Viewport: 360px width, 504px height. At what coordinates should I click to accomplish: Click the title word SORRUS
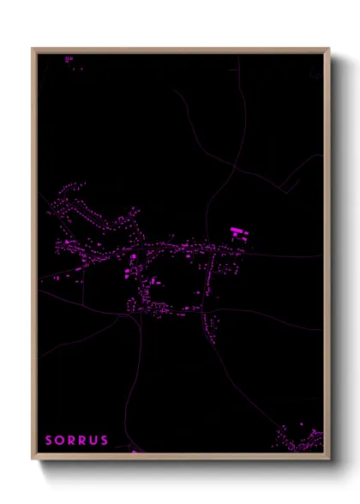(77, 441)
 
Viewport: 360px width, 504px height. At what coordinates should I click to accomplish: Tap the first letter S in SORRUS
(49, 441)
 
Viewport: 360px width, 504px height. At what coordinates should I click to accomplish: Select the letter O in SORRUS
(60, 441)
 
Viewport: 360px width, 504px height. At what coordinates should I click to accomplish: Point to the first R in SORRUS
(72, 441)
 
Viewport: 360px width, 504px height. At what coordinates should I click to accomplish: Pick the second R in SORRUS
(83, 441)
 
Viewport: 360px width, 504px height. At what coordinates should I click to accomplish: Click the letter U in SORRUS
(94, 441)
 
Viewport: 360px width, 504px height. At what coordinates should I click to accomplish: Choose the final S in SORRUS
(105, 441)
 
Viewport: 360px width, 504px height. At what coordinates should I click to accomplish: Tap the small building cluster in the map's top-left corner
(69, 59)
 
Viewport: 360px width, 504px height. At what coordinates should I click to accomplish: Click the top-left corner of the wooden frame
(33, 50)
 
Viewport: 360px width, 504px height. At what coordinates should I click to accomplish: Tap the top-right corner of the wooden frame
(328, 50)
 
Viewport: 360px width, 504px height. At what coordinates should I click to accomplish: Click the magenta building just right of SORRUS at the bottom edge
(134, 449)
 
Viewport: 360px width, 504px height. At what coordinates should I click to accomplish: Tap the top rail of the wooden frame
(180, 51)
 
